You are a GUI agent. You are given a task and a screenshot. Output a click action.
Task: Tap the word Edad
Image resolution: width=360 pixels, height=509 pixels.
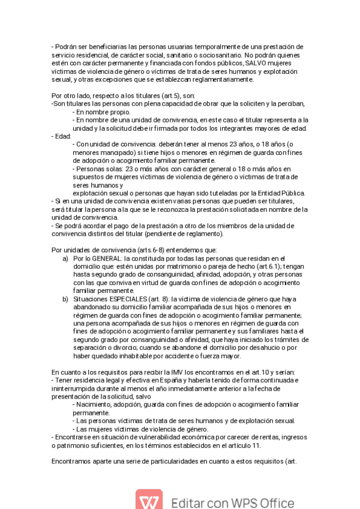click(61, 136)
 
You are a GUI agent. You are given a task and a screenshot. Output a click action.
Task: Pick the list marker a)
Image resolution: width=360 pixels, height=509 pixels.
click(65, 258)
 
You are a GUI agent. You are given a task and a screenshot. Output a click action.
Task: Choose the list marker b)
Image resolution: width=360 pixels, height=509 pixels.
click(65, 298)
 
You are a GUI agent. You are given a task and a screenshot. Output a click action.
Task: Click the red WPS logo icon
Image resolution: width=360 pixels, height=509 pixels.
click(148, 501)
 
